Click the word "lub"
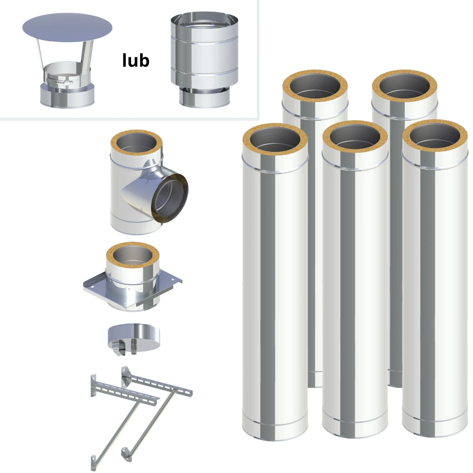[136, 60]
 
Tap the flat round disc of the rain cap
[67, 27]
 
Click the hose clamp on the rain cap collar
[60, 81]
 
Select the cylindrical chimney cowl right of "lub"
[204, 60]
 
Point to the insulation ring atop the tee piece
[137, 143]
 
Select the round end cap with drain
[134, 338]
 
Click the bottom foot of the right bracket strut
[126, 455]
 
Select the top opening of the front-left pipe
[275, 140]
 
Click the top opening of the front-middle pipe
[355, 136]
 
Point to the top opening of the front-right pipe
[435, 136]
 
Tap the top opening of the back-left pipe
[315, 85]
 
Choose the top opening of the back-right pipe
[404, 86]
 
